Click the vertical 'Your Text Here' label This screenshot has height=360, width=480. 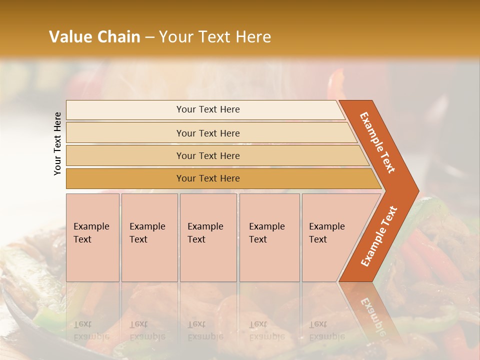[57, 143]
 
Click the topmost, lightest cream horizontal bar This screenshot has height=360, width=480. [207, 109]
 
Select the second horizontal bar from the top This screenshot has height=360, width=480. [207, 133]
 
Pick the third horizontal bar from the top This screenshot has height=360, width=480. [207, 155]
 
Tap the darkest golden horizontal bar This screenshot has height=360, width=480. [207, 178]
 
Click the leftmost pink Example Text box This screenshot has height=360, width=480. [92, 237]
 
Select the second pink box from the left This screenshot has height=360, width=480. [149, 237]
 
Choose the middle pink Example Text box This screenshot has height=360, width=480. [208, 237]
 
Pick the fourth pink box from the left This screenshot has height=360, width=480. [269, 237]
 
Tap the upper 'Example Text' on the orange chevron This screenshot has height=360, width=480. [377, 142]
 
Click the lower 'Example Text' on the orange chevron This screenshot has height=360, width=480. [379, 236]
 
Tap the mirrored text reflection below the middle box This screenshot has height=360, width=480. [205, 330]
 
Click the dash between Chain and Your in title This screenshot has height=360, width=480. [149, 37]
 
